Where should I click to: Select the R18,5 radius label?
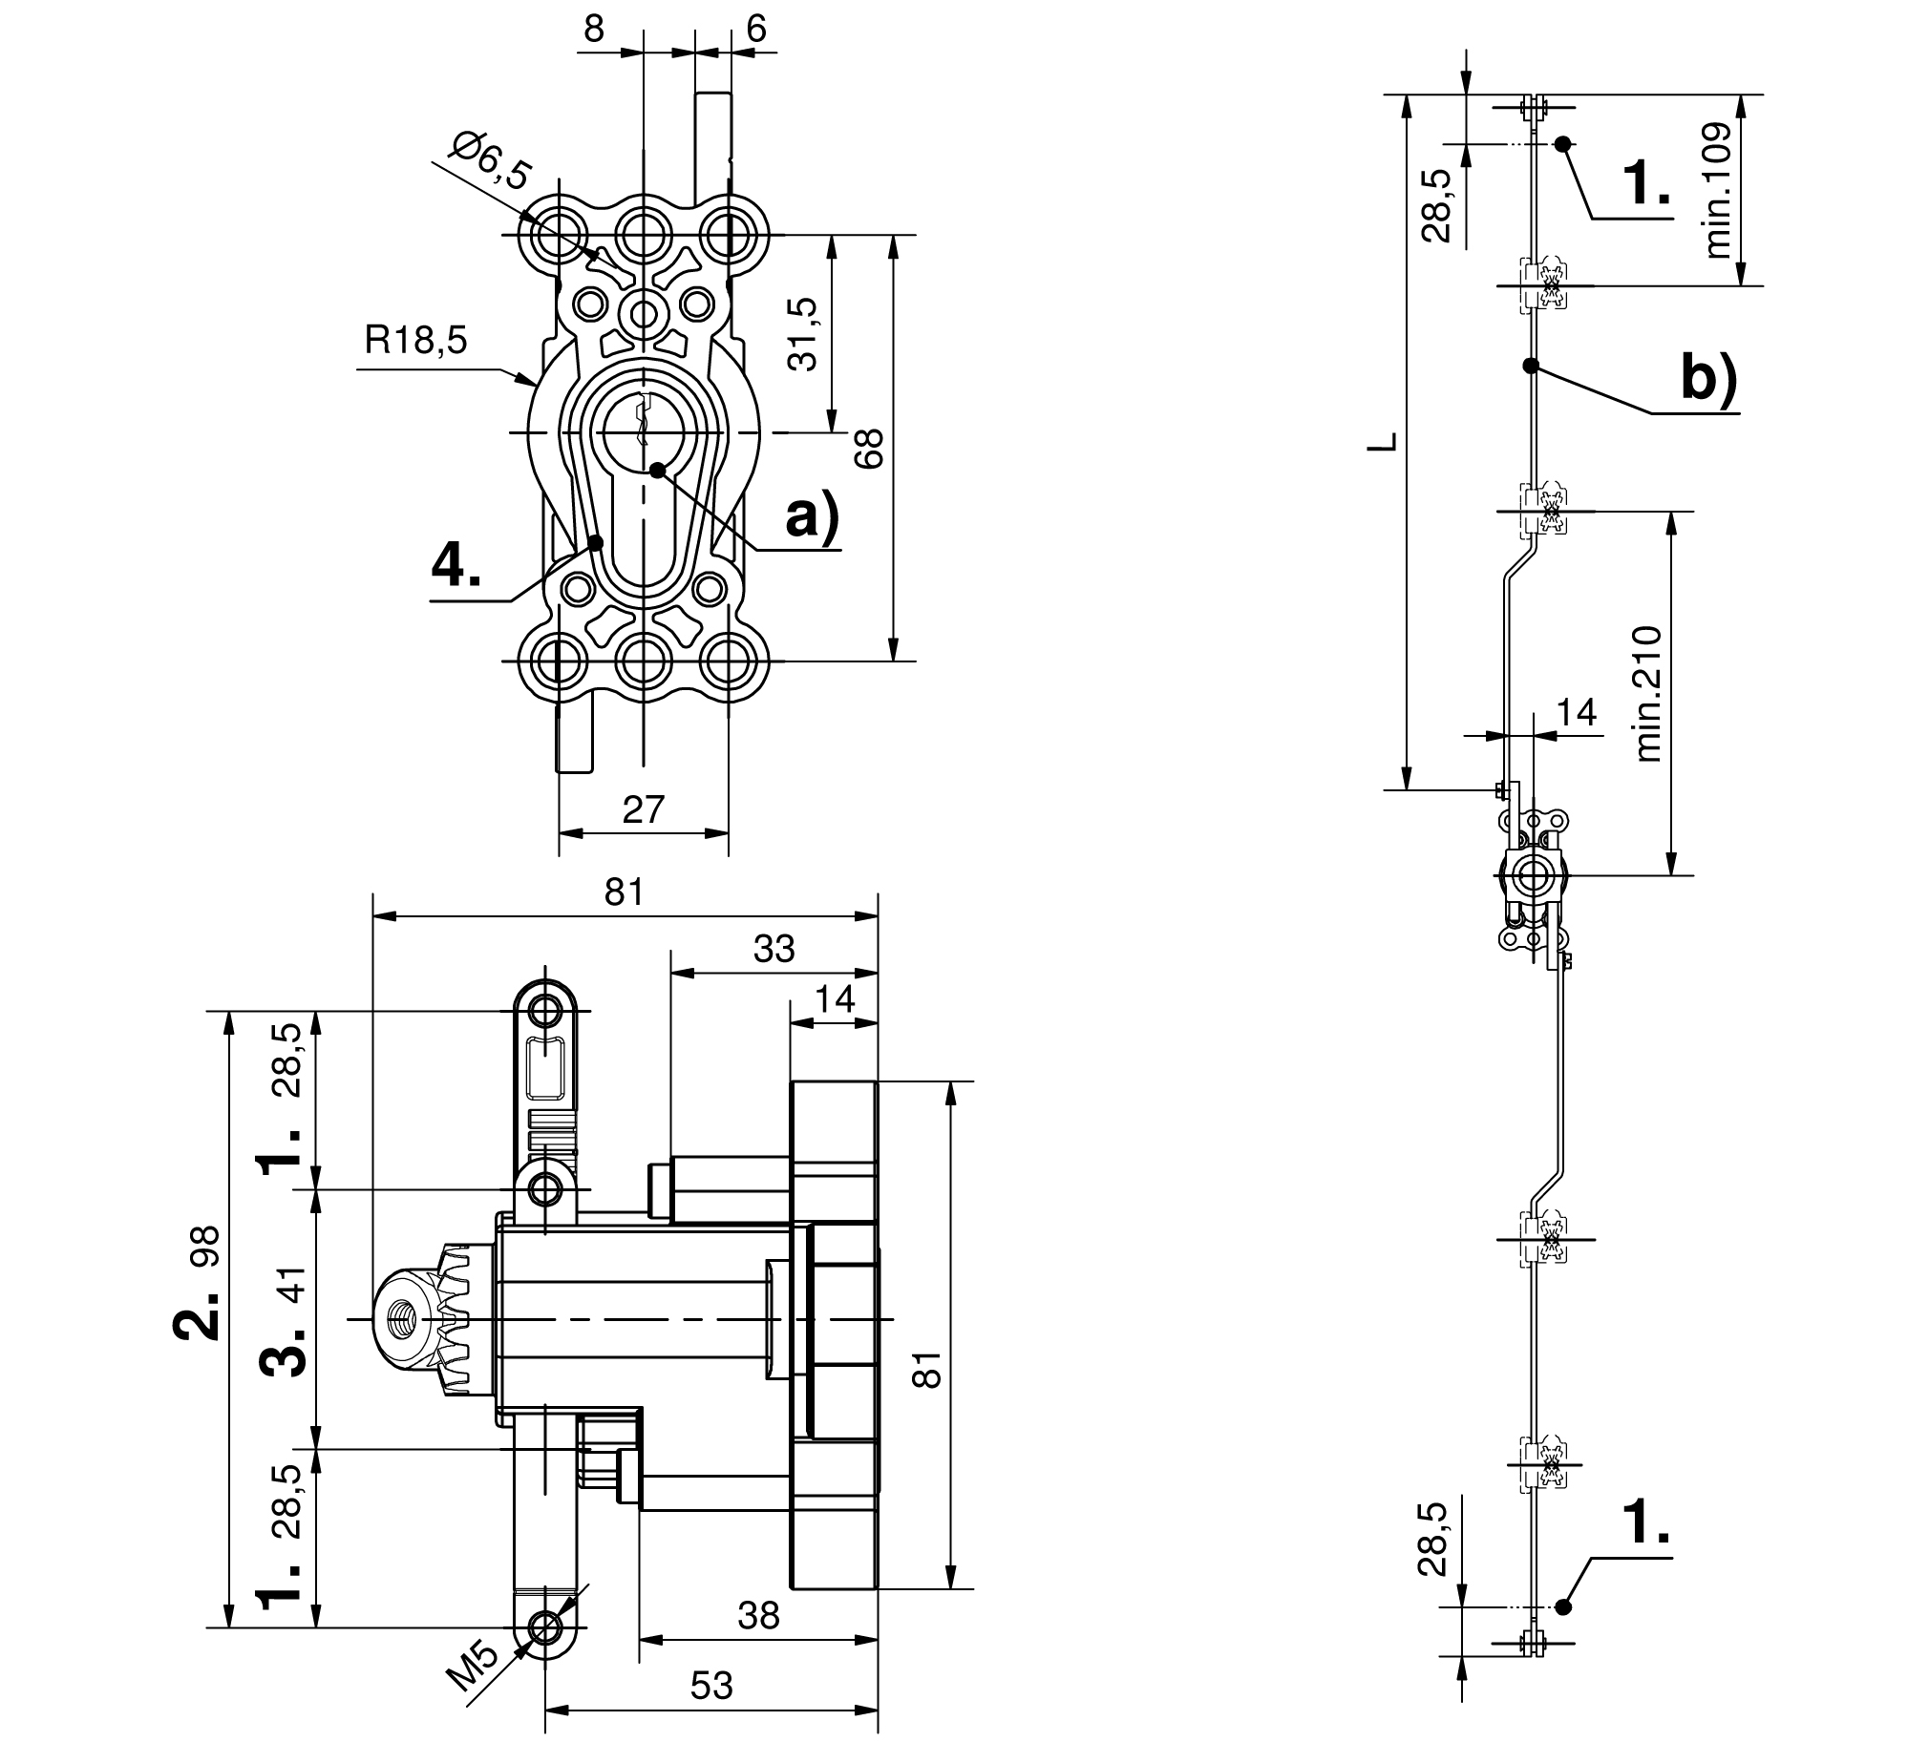coord(415,340)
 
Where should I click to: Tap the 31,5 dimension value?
coord(803,334)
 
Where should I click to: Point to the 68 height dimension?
coord(870,448)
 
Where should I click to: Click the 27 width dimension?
coord(643,809)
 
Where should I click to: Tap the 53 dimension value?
coord(710,1686)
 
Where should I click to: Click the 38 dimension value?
coord(759,1615)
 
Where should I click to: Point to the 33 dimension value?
coord(774,949)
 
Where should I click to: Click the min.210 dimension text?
coord(1647,694)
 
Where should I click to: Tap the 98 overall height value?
coord(207,1247)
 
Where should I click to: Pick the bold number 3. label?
coord(285,1350)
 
